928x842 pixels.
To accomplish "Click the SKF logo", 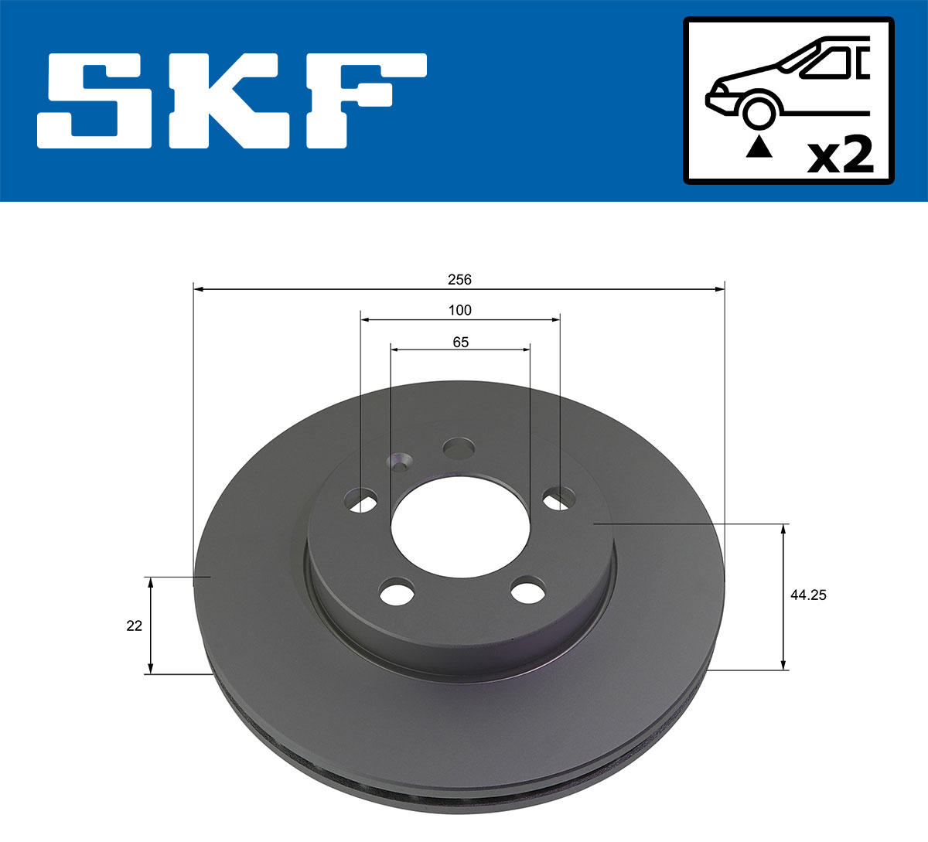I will [232, 101].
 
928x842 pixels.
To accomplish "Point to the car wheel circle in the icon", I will [759, 111].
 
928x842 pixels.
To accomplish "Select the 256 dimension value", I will [459, 279].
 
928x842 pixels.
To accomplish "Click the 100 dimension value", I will [459, 310].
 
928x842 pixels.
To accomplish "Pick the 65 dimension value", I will [460, 342].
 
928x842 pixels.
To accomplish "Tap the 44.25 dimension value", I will [808, 595].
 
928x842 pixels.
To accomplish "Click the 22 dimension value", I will [135, 626].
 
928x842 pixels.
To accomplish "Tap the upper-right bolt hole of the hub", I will [558, 499].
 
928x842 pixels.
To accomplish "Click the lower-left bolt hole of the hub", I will [397, 592].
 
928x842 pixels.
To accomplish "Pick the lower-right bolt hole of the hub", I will [527, 591].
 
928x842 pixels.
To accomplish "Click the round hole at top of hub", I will [459, 448].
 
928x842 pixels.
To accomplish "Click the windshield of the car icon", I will [827, 62].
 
